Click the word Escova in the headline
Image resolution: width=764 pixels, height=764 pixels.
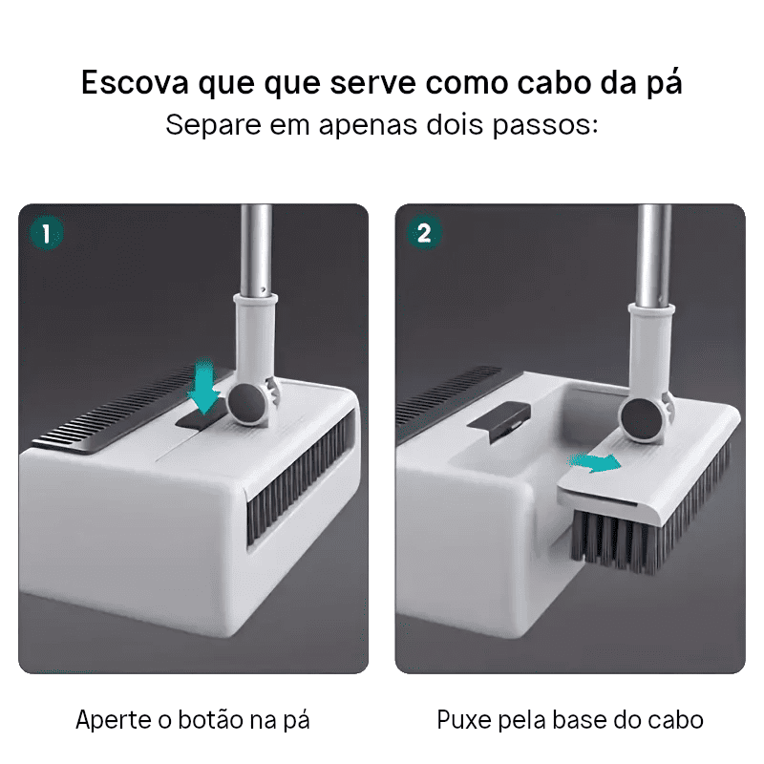135,82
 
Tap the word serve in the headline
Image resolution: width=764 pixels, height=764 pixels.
372,83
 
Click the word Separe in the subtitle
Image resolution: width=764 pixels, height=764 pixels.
213,126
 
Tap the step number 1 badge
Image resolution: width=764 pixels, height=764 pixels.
46,233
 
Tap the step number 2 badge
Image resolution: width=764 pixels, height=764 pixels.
424,233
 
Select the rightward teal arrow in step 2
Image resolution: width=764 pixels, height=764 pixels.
595,462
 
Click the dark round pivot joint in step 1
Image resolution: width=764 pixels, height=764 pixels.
247,402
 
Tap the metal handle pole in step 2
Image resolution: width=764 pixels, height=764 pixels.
654,256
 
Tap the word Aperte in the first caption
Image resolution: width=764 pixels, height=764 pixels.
113,720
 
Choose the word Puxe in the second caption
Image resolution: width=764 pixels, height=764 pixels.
464,720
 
